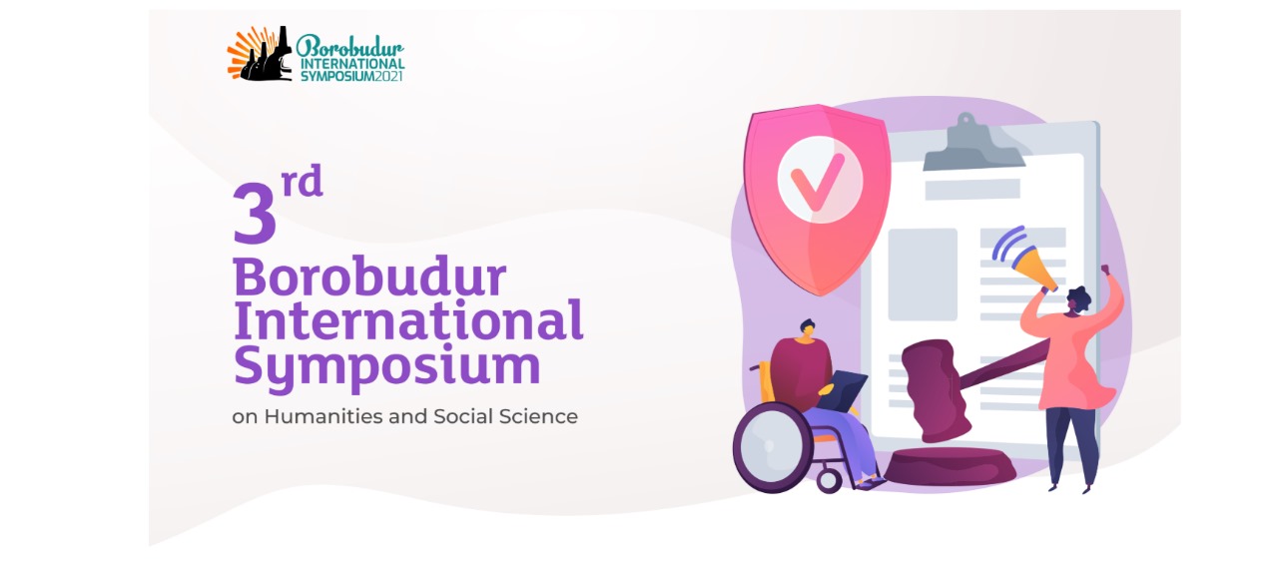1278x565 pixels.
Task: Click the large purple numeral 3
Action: point(255,214)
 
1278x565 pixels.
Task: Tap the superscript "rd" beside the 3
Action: point(303,181)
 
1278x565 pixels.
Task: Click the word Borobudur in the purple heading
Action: point(369,278)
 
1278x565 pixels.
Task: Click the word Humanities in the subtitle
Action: point(323,416)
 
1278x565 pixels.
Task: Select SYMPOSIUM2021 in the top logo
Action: point(352,75)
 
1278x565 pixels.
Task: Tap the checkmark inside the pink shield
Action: point(818,181)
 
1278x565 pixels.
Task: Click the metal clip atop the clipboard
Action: point(973,143)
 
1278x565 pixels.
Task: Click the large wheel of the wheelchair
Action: point(772,448)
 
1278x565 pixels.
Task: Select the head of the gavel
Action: point(936,391)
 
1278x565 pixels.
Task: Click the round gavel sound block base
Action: point(950,467)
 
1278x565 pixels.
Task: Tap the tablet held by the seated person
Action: point(843,390)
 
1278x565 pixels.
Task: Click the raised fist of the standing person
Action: point(1105,270)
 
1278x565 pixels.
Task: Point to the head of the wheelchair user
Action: point(808,331)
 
